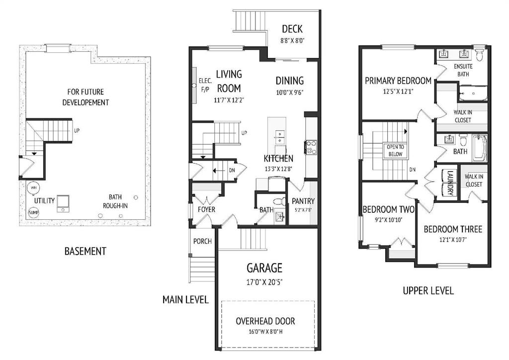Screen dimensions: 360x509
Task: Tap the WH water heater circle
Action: [34, 188]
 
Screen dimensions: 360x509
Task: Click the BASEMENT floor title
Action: [85, 251]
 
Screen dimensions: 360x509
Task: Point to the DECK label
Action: [292, 29]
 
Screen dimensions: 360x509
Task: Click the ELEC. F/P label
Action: [205, 85]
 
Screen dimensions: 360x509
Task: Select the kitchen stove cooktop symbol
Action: [311, 147]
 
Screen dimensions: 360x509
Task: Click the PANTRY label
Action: [303, 201]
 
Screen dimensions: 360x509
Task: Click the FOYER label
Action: [206, 209]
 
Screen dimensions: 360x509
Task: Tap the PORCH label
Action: [202, 241]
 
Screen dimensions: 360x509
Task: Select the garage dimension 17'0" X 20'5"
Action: [264, 281]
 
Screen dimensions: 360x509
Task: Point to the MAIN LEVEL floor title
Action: [185, 300]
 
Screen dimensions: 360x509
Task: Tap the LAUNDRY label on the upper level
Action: [450, 182]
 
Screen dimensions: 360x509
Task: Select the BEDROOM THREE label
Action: [453, 229]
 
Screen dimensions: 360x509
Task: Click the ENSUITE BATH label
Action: [463, 70]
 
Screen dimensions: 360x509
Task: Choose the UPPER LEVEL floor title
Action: [428, 290]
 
